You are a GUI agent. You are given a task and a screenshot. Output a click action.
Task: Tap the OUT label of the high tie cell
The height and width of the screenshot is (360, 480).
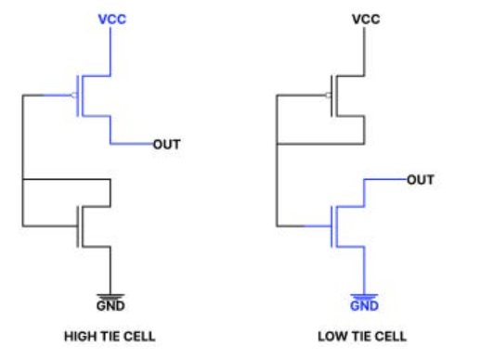(x=167, y=145)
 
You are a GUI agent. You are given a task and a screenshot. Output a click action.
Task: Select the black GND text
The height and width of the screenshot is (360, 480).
(x=110, y=304)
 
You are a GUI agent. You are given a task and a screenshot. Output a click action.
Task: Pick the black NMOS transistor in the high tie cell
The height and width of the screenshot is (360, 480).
(x=86, y=224)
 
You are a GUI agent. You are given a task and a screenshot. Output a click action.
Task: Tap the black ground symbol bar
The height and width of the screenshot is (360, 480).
(x=110, y=294)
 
